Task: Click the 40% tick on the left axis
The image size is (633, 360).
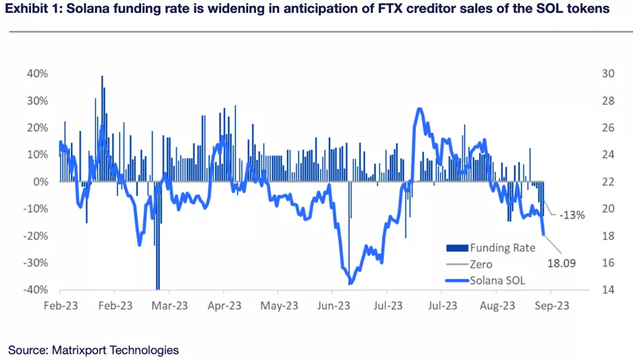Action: coord(37,74)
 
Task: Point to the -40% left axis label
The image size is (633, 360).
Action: coord(36,290)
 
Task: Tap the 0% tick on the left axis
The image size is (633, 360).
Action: coord(40,182)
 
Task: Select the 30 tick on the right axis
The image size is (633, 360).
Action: coord(608,74)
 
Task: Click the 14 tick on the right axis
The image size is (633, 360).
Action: coord(608,290)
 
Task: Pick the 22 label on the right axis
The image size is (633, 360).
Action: coord(608,182)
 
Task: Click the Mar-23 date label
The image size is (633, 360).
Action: coord(171,306)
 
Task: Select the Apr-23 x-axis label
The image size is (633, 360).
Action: coord(226,306)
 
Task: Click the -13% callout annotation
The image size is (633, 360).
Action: coord(572,215)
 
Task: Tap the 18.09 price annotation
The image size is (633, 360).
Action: coord(563,264)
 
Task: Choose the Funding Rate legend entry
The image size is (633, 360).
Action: coord(502,248)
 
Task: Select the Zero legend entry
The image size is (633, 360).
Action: coord(481,264)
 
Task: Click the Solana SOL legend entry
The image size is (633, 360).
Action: coord(497,281)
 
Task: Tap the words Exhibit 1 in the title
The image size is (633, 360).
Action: coord(33,9)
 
